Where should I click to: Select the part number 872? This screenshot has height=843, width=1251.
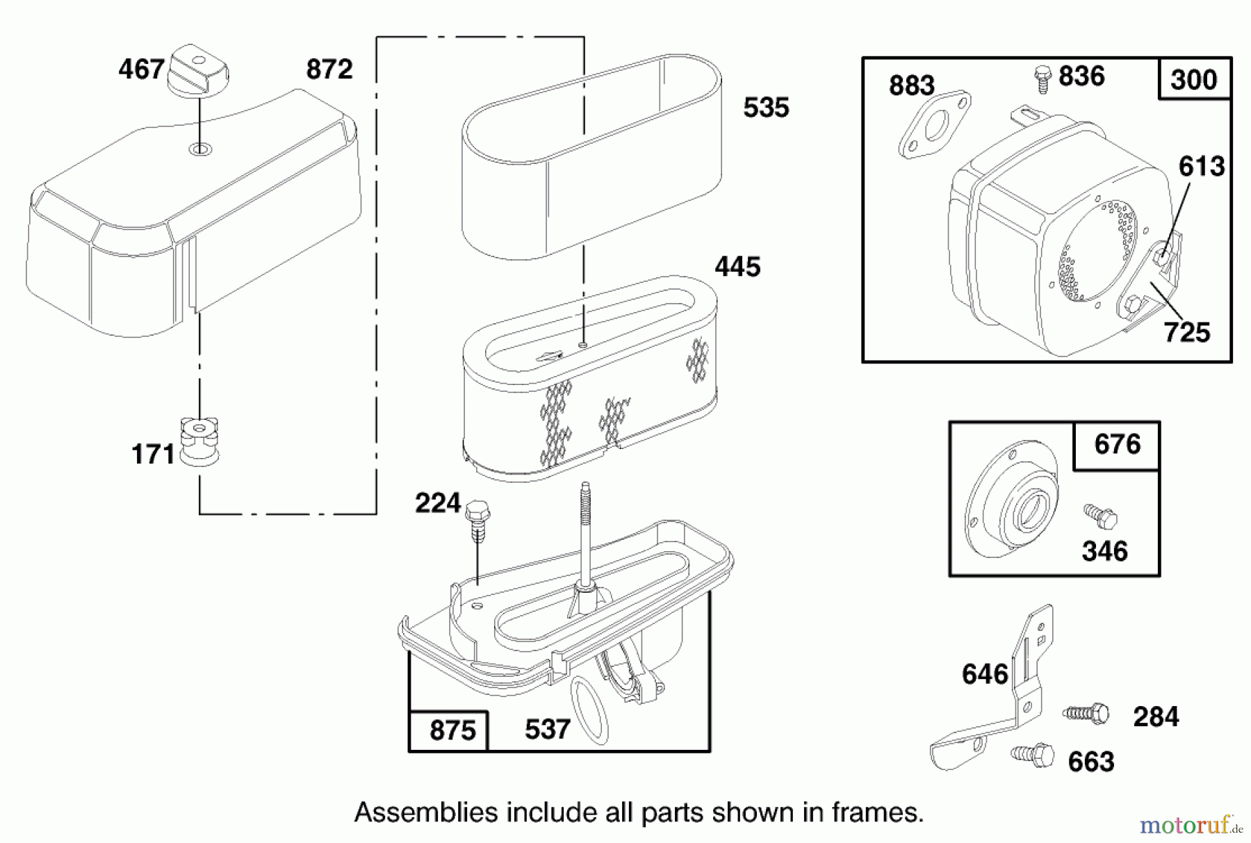[x=329, y=69]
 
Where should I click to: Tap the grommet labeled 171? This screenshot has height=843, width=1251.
[x=199, y=441]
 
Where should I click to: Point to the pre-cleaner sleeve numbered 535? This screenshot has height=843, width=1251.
[x=591, y=156]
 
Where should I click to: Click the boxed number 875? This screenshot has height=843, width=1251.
[x=452, y=731]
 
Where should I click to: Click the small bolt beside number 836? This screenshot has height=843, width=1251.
[x=1042, y=78]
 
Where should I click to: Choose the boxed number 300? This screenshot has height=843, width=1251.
[x=1193, y=79]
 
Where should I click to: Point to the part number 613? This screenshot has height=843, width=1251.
[x=1202, y=166]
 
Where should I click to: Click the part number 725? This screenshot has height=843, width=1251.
[x=1187, y=332]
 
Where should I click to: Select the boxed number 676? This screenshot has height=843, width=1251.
[x=1117, y=444]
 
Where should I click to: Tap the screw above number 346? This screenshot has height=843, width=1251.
[x=1101, y=516]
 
